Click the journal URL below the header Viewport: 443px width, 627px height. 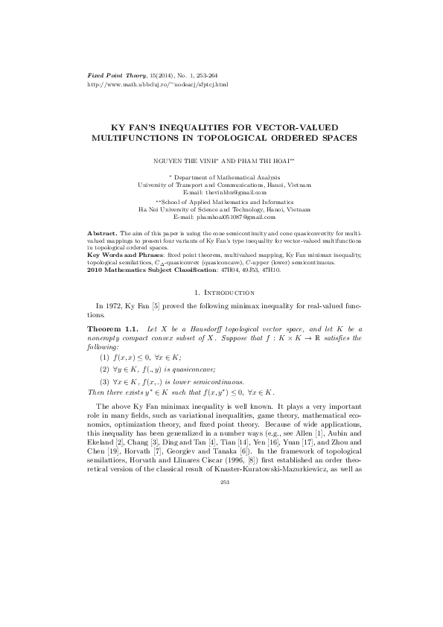coord(147,84)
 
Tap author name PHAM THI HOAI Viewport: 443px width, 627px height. coord(260,160)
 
